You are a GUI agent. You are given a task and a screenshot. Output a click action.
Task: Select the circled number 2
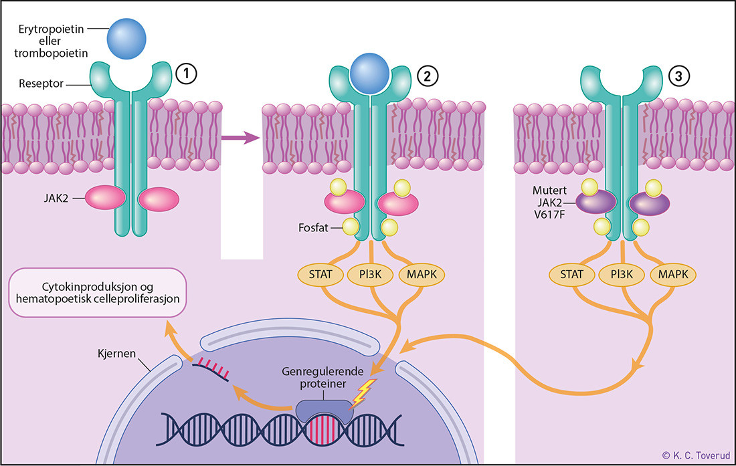tap(427, 76)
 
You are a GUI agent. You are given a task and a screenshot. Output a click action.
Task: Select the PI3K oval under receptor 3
tap(622, 274)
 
